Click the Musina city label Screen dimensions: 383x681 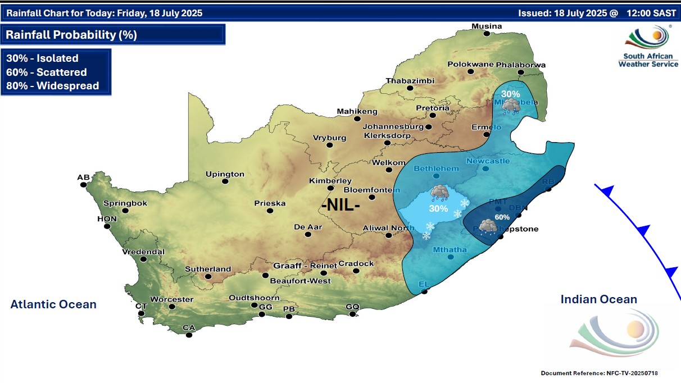pyautogui.click(x=487, y=26)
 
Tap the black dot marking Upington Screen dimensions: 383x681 pyautogui.click(x=225, y=181)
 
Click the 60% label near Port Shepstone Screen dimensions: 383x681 pyautogui.click(x=502, y=217)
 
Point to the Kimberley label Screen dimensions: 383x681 pyautogui.click(x=330, y=181)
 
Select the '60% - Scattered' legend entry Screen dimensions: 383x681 pyautogui.click(x=46, y=72)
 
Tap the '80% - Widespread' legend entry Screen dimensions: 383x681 pyautogui.click(x=52, y=86)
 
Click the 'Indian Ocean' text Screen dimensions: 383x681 pyautogui.click(x=598, y=299)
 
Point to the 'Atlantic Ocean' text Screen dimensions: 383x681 pyautogui.click(x=53, y=304)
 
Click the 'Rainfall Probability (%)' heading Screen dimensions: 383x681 pyautogui.click(x=71, y=35)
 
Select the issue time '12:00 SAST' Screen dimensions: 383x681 pyautogui.click(x=650, y=12)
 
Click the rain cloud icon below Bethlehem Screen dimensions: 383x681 pyautogui.click(x=439, y=193)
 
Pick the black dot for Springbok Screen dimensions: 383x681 pyautogui.click(x=125, y=211)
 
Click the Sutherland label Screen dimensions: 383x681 pyautogui.click(x=208, y=269)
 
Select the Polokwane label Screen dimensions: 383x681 pyautogui.click(x=470, y=65)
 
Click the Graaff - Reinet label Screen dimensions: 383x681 pyautogui.click(x=305, y=265)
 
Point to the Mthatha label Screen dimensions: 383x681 pyautogui.click(x=450, y=250)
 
